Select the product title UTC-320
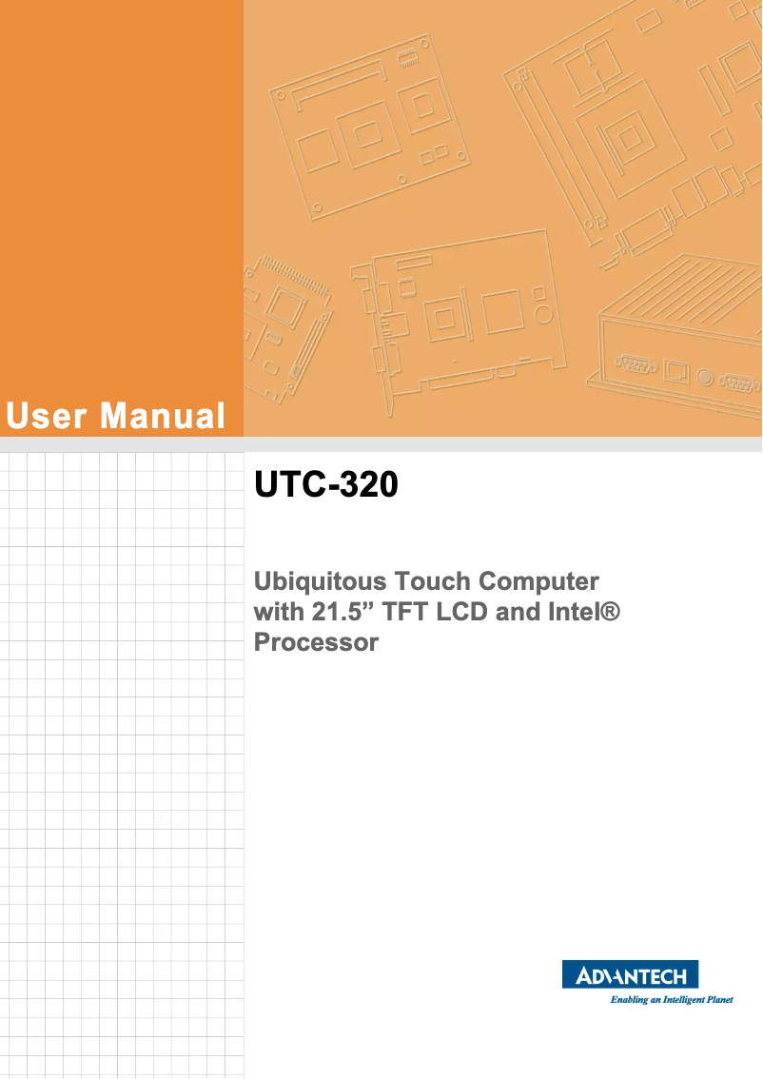click(x=325, y=486)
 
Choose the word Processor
click(x=316, y=643)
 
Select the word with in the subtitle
click(x=276, y=612)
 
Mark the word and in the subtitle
click(x=518, y=612)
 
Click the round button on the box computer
click(x=704, y=377)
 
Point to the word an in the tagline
click(x=657, y=1000)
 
